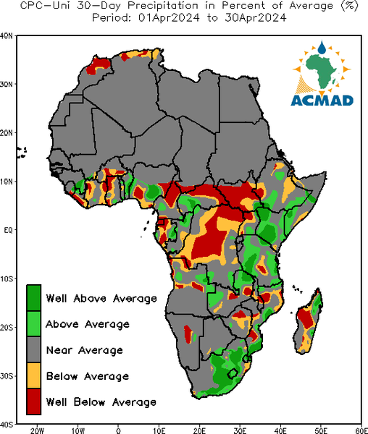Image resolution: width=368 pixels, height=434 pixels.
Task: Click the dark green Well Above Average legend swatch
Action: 34,298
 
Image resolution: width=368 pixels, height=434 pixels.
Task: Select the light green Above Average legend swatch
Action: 34,324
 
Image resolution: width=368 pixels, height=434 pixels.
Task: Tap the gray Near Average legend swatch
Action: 34,349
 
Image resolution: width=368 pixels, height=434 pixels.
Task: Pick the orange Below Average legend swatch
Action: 34,375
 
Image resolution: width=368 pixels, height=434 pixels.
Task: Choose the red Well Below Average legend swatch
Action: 34,401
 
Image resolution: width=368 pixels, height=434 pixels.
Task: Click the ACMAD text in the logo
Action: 322,101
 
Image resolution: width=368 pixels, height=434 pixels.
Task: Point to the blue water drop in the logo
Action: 322,48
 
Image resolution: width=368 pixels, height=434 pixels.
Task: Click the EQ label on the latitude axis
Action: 9,230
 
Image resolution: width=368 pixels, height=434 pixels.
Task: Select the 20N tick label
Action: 7,133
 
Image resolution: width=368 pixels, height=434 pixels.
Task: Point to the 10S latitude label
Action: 7,278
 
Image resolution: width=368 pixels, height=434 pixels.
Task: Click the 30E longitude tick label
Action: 240,430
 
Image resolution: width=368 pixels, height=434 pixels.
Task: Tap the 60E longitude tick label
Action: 361,430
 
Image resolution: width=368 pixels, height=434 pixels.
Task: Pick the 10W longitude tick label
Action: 78,430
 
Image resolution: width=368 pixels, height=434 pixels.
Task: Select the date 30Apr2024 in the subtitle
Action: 256,18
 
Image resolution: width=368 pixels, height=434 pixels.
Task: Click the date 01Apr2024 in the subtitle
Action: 169,18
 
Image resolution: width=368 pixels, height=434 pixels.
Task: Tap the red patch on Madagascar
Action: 305,318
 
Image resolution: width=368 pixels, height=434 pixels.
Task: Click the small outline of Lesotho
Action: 233,373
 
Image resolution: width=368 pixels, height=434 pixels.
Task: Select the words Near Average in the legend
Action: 85,350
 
